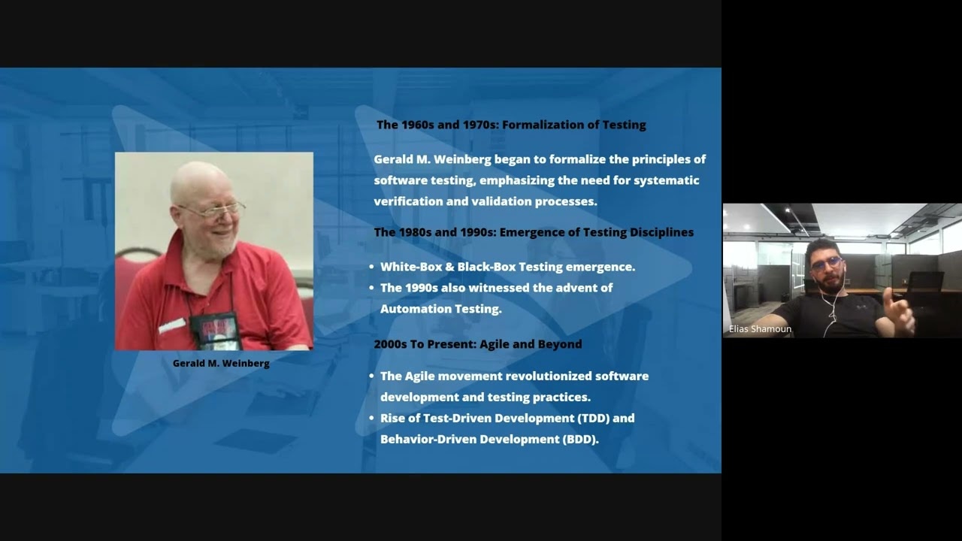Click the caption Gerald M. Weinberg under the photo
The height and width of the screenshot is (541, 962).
[x=221, y=363]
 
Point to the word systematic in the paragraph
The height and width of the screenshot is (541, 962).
[x=666, y=180]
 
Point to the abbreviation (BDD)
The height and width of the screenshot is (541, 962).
[x=579, y=440]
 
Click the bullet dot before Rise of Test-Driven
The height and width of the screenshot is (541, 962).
[x=372, y=419]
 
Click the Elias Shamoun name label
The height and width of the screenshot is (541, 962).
[x=760, y=329]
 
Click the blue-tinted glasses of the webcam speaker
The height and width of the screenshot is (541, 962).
[x=827, y=262]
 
